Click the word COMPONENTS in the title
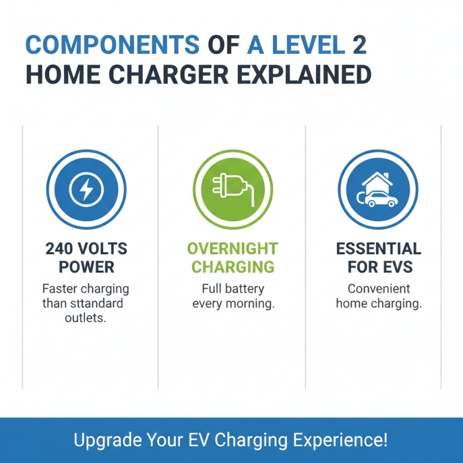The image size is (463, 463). [109, 45]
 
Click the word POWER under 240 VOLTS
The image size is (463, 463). [86, 267]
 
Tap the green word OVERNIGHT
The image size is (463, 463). [232, 249]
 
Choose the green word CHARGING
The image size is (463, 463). [232, 267]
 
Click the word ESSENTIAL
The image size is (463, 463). [379, 249]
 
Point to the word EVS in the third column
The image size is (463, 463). [398, 267]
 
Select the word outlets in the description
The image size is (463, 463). [86, 318]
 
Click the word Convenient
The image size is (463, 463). [379, 288]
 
